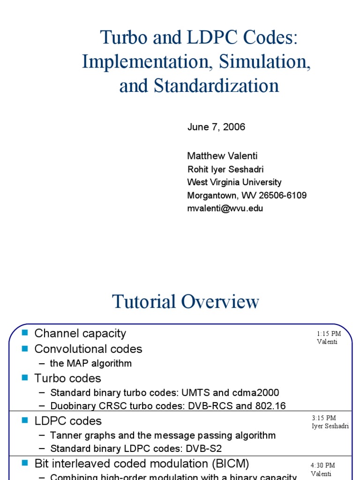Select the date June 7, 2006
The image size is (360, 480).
216,127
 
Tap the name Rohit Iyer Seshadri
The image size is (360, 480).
225,169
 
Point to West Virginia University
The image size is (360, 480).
234,182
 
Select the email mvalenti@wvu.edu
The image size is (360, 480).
225,209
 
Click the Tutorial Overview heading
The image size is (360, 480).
186,302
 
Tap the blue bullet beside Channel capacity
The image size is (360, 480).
25,333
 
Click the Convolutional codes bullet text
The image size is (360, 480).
88,349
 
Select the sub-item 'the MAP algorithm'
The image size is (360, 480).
91,363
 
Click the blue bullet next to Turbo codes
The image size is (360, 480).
25,377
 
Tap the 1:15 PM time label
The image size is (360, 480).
329,334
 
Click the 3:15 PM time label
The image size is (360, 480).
324,418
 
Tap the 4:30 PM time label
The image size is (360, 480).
323,465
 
